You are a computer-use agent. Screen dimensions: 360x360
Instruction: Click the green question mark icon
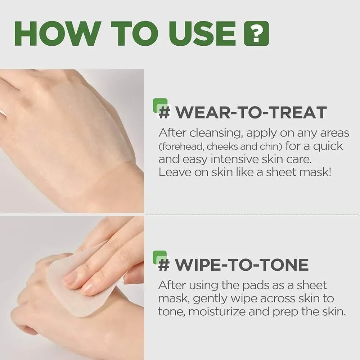click(256, 33)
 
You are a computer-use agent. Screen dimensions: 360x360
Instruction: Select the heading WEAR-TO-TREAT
click(251, 112)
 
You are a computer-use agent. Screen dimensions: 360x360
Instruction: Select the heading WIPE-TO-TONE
click(242, 265)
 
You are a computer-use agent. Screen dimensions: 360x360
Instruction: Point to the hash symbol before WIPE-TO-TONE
click(164, 265)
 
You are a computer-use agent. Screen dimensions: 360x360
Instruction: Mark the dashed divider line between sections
click(252, 215)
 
